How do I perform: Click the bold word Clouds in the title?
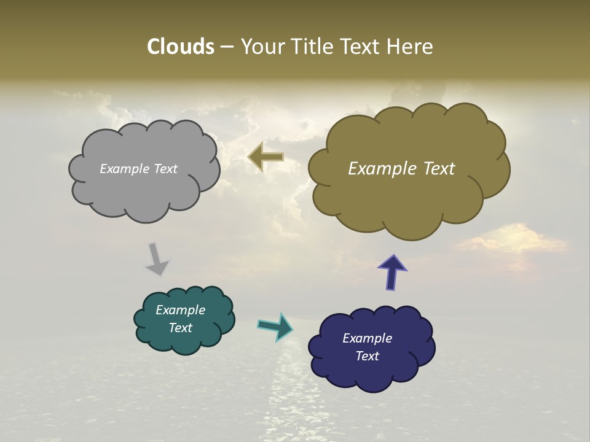coord(180,47)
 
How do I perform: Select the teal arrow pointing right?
coord(276,326)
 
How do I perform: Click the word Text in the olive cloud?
coord(437,169)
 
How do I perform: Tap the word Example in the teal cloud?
coord(180,310)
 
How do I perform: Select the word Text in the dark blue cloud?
coord(367,356)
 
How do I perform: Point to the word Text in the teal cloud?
coord(180,328)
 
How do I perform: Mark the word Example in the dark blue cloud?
coord(367,338)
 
